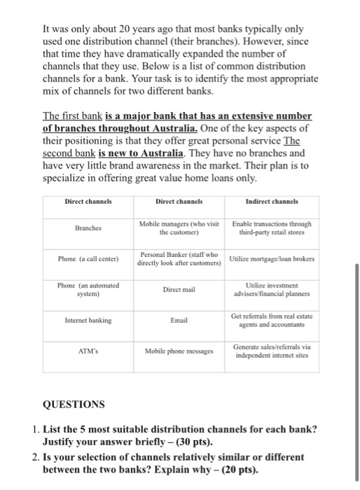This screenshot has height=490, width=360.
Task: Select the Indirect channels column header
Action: [x=270, y=201]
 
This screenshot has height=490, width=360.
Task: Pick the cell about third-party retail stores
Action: [x=270, y=227]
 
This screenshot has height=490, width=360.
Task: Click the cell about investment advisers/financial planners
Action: [x=270, y=289]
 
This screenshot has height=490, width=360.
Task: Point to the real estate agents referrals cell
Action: [x=270, y=320]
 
